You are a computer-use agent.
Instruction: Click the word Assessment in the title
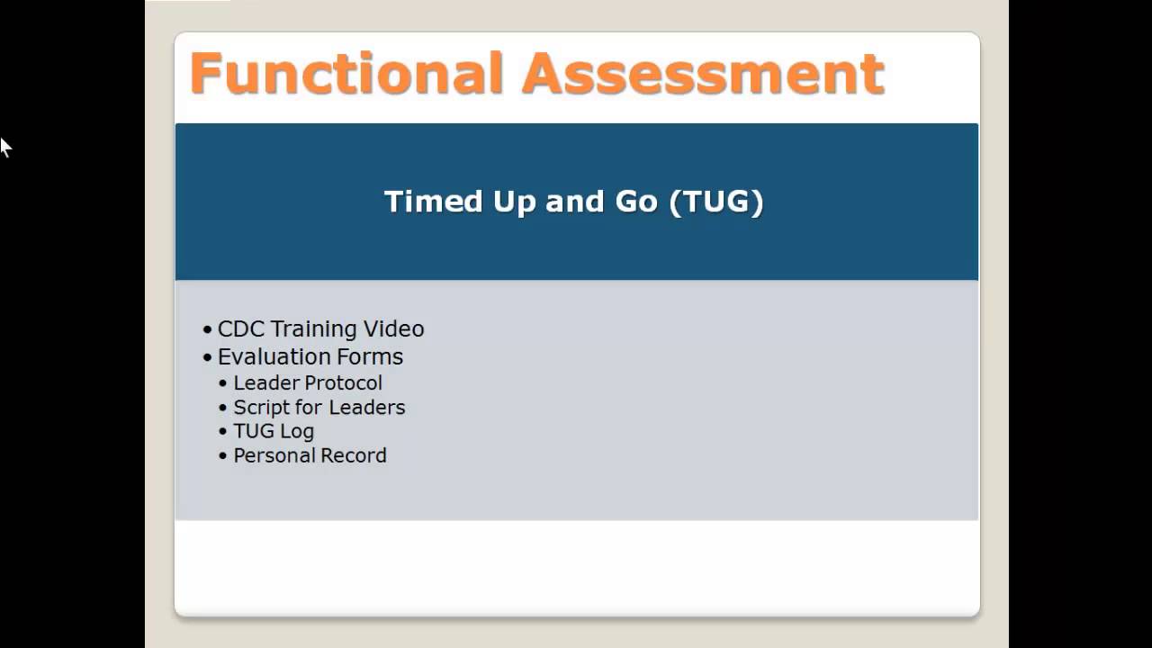(x=704, y=74)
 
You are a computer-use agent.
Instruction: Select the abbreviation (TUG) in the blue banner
(x=716, y=201)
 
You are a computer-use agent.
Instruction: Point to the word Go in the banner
(x=636, y=201)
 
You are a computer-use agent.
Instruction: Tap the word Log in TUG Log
(x=297, y=431)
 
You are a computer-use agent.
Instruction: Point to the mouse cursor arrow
(x=4, y=146)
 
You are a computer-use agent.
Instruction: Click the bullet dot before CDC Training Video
(x=208, y=330)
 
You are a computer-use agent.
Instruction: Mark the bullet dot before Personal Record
(x=223, y=456)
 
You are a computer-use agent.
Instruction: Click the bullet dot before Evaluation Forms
(x=208, y=357)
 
